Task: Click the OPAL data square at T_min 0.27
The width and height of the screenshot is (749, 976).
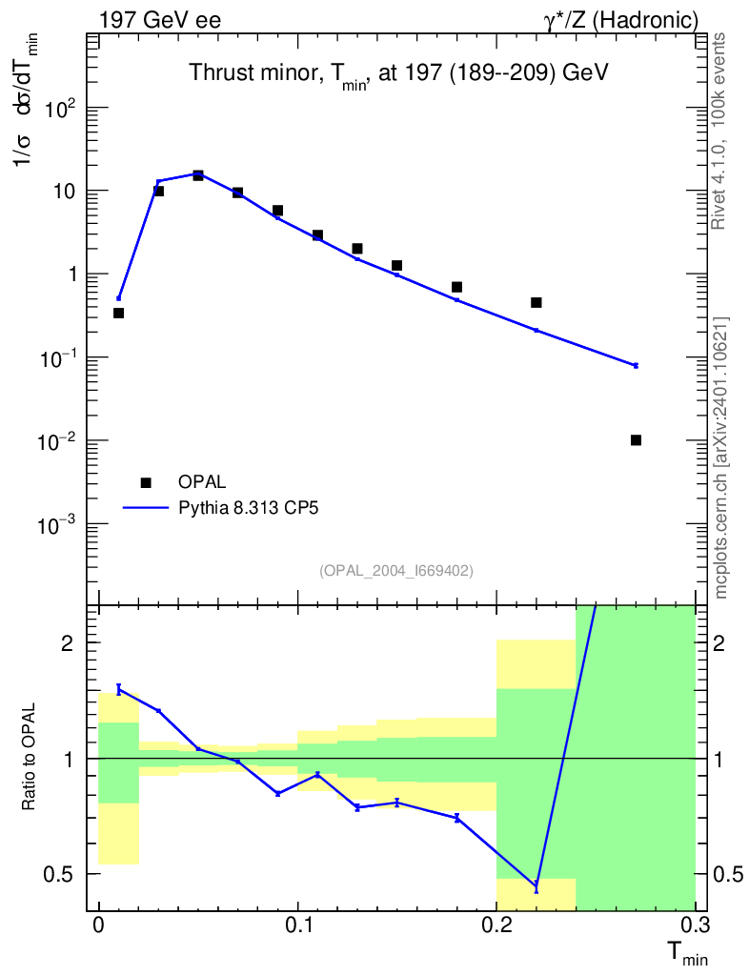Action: pos(636,439)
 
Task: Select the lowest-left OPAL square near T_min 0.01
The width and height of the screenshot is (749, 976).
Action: pos(118,313)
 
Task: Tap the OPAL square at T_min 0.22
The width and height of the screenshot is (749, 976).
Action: pos(536,302)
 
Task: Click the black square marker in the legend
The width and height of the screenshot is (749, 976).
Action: pos(145,481)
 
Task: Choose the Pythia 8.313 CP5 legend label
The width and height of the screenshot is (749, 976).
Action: pos(248,508)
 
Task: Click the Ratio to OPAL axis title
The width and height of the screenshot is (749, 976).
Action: pos(30,758)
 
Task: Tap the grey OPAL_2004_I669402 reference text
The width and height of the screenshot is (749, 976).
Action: pos(396,570)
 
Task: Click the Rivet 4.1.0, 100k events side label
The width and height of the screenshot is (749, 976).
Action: pos(720,130)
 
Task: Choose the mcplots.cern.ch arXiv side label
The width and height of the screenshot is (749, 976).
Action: pos(721,457)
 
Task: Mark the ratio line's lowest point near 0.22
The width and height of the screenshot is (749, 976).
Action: pos(536,887)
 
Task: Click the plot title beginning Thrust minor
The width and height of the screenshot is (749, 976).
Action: pos(398,73)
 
